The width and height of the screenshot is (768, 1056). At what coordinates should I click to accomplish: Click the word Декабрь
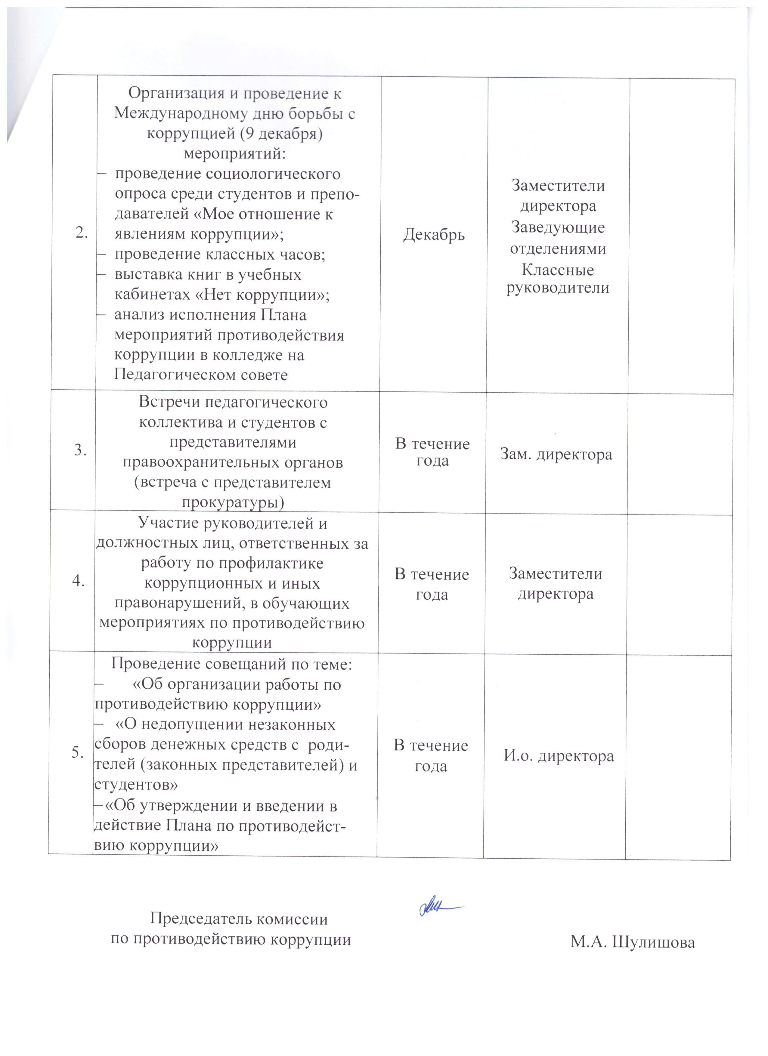pyautogui.click(x=434, y=235)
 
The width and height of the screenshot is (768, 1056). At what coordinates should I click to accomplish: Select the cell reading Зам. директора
pyautogui.click(x=556, y=454)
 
